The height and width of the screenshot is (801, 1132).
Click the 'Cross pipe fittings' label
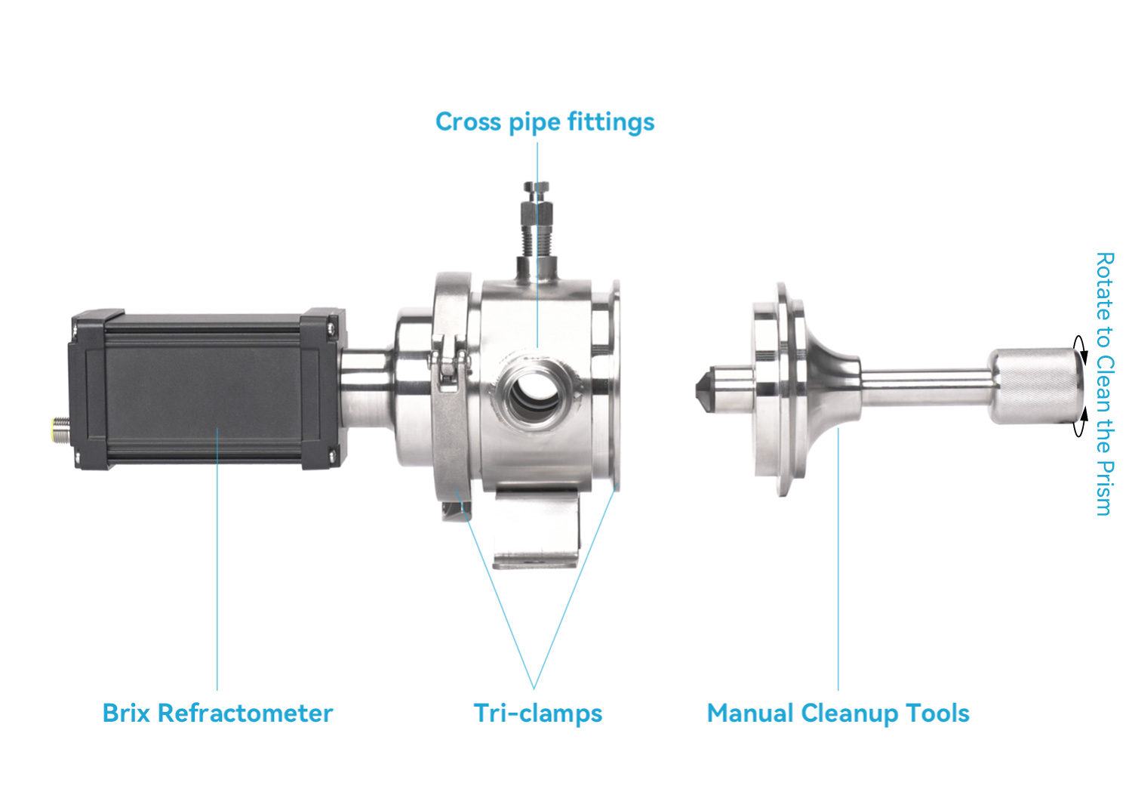[545, 122]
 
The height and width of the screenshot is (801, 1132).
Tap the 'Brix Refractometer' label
[218, 713]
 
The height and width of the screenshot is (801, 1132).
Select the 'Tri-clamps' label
[537, 713]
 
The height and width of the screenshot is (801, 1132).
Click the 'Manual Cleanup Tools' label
[838, 713]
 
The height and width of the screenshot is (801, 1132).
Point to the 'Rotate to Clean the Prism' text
[1105, 384]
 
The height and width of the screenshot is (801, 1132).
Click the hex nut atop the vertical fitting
[536, 188]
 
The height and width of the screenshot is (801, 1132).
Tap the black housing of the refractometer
[208, 389]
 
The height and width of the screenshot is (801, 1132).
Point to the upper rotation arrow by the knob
[1079, 349]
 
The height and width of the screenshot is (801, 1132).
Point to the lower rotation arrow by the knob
[1079, 422]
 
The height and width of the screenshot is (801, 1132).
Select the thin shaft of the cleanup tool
[926, 388]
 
